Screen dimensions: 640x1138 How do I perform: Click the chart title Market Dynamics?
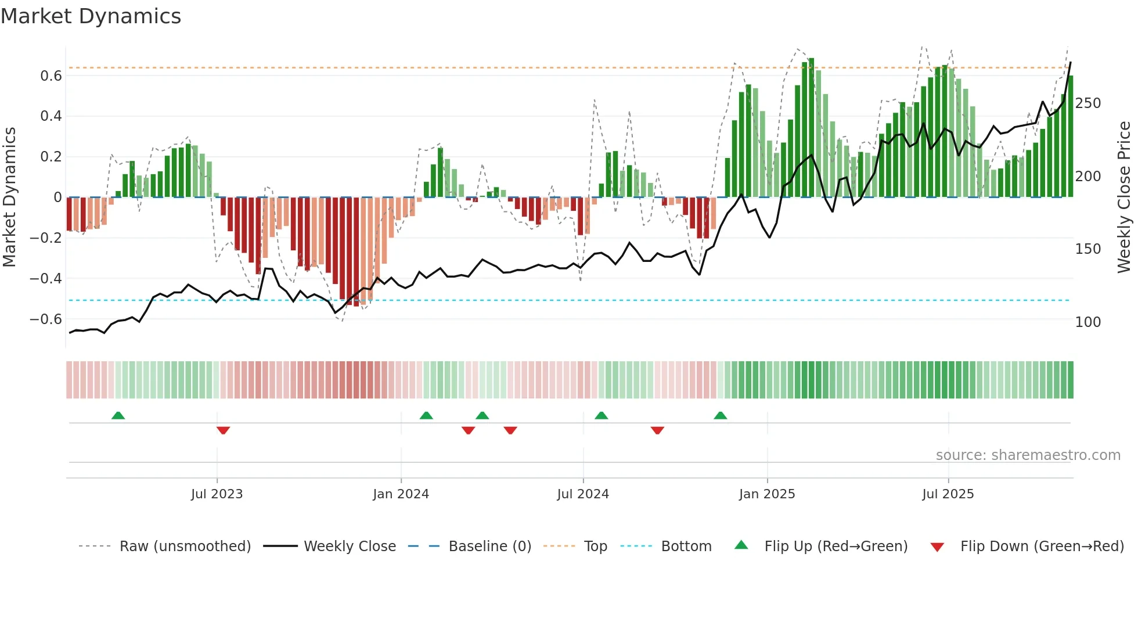[91, 16]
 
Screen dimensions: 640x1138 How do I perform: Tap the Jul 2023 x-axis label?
[217, 494]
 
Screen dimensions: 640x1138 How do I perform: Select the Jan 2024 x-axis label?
[401, 494]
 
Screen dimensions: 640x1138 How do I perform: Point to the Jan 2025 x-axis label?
[767, 494]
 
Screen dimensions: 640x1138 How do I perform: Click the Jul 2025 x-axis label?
[948, 494]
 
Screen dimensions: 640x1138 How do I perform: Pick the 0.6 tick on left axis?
[51, 76]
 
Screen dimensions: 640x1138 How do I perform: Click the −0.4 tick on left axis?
[46, 279]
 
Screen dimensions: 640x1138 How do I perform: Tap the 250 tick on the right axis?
[1088, 103]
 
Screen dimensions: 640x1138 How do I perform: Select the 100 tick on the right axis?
[1088, 322]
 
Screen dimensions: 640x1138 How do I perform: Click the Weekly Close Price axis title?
[1125, 197]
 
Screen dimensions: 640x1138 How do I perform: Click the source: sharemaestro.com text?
[1028, 455]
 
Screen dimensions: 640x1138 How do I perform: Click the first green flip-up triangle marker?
[118, 415]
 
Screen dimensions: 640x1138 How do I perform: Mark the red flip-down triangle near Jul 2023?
[223, 430]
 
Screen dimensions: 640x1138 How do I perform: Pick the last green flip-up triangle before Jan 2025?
[720, 415]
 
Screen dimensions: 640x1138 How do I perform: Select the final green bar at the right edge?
[1070, 136]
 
